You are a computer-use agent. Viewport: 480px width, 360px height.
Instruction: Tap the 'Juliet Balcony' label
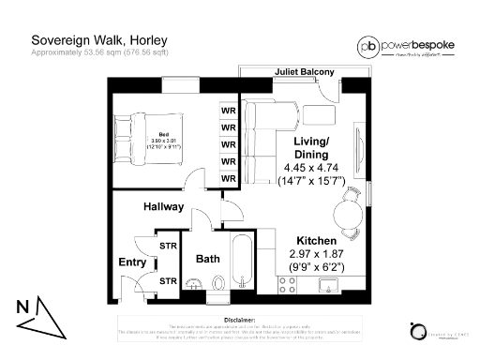pos(305,71)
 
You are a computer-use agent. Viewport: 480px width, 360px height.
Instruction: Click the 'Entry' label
pos(131,262)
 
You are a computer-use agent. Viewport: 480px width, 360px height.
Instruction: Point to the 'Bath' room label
pos(207,259)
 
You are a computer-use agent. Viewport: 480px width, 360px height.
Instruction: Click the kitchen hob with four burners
pos(292,283)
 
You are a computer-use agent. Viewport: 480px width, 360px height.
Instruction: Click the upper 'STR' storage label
pos(169,246)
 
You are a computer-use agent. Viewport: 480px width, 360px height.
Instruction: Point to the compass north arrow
pos(35,314)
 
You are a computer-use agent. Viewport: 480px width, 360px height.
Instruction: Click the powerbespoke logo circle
pos(370,46)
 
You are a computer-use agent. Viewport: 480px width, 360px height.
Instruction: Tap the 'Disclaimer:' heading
pos(240,319)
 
